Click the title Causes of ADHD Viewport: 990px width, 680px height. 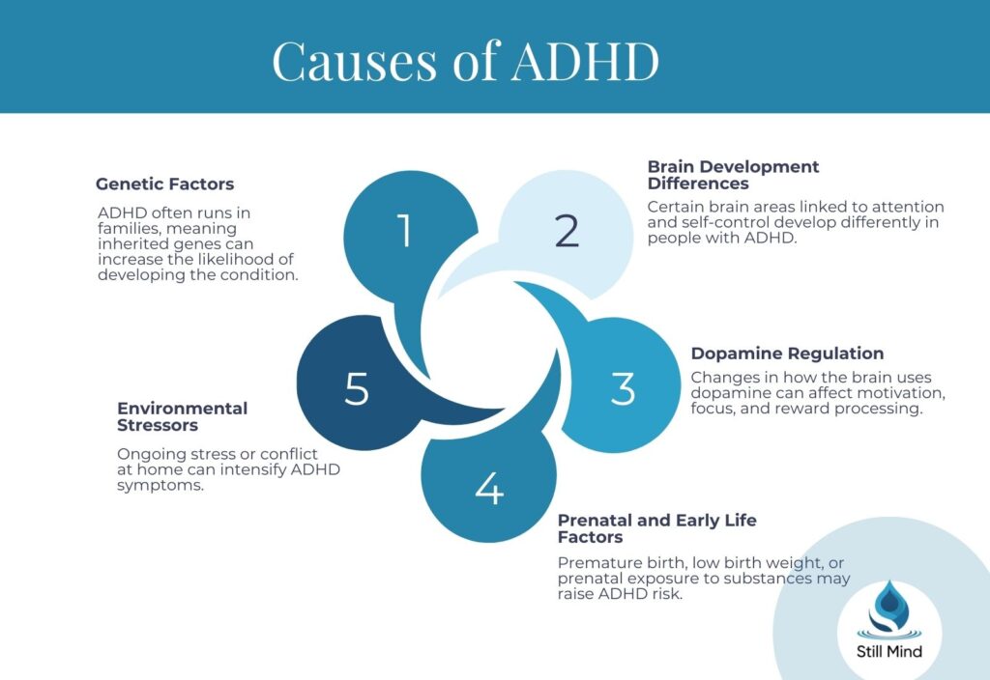click(465, 61)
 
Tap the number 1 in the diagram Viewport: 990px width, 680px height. click(405, 230)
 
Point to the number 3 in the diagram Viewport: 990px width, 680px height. click(624, 388)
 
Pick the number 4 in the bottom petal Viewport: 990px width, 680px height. click(490, 488)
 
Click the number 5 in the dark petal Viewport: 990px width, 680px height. click(357, 388)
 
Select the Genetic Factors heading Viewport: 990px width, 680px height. click(164, 184)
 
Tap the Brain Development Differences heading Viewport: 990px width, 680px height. click(733, 176)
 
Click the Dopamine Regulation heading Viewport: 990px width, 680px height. click(787, 354)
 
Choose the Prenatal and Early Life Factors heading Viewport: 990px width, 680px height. click(657, 528)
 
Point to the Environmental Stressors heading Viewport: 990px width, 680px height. click(183, 417)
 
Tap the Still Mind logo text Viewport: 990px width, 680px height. click(889, 652)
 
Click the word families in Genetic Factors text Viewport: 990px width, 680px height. click(127, 228)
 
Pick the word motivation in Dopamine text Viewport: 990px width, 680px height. click(904, 393)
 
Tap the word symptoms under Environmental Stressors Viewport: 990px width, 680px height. click(160, 486)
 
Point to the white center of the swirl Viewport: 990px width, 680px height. click(489, 341)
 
